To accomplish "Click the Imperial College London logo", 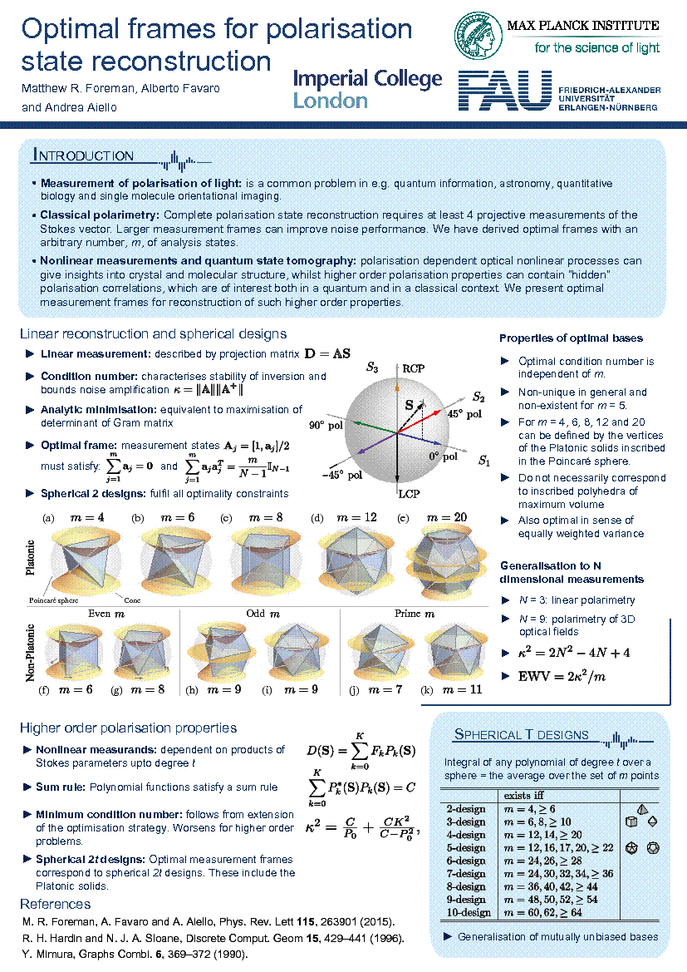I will click(x=367, y=89).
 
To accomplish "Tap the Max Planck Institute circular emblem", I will click(x=479, y=35).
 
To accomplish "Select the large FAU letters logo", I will click(x=505, y=91).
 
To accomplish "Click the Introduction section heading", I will click(x=83, y=155).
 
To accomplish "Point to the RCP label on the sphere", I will click(x=413, y=368).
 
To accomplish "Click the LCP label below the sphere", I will click(x=410, y=494).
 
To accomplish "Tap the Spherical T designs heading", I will click(x=521, y=734).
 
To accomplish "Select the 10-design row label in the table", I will click(x=466, y=912).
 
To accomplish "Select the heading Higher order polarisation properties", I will click(x=129, y=728).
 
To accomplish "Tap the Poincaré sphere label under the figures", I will click(x=54, y=599).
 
